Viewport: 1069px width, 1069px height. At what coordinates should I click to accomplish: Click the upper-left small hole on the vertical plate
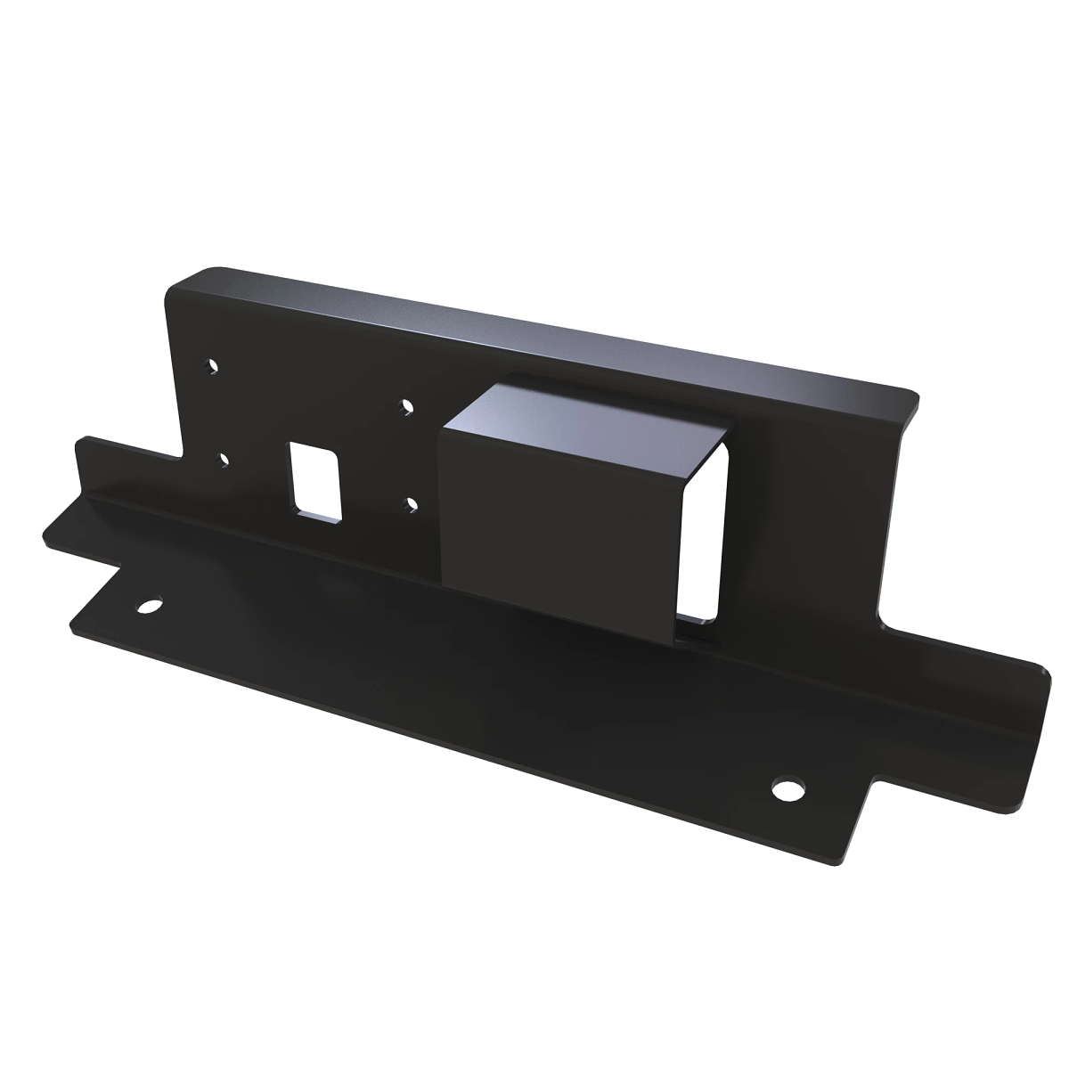click(212, 365)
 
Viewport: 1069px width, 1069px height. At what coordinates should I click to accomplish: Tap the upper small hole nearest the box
click(407, 406)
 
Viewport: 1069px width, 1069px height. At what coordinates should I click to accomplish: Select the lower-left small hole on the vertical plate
click(223, 460)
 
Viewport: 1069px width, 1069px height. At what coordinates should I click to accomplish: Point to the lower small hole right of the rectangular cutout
click(412, 504)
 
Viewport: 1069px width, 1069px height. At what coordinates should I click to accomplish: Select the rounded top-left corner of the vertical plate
click(178, 281)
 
